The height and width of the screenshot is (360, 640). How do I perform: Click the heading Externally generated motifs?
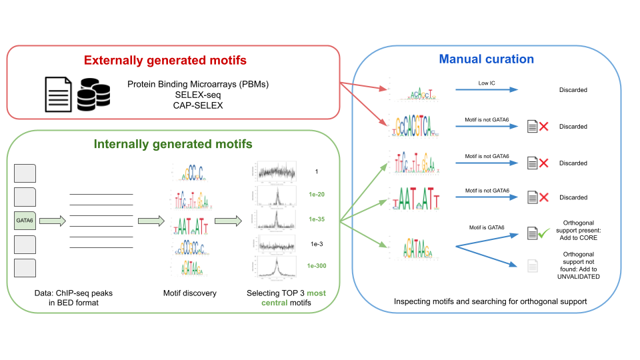tap(165, 61)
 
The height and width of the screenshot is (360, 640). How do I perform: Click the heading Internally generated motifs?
tap(173, 143)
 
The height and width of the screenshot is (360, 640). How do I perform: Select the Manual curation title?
tap(486, 59)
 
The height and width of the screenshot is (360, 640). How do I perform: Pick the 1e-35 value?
tap(317, 219)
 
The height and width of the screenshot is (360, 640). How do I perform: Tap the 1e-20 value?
tap(317, 195)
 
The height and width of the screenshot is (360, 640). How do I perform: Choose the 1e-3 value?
tap(317, 245)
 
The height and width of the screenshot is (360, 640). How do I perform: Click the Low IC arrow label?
tap(487, 83)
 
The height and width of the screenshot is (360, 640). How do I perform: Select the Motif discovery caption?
tap(190, 293)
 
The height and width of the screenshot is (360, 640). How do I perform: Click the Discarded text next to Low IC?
tap(573, 89)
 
